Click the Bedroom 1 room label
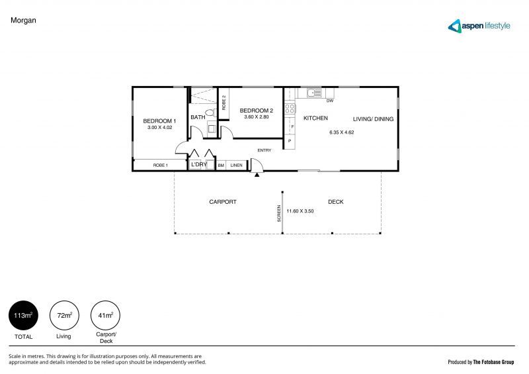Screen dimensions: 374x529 tap(159, 120)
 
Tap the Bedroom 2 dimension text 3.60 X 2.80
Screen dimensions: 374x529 tap(256, 117)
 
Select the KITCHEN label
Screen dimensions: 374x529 tap(315, 118)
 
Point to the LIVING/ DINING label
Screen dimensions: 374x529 tap(373, 118)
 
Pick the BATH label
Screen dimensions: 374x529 tap(198, 118)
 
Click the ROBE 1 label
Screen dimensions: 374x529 tap(160, 165)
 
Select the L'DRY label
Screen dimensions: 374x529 tap(199, 165)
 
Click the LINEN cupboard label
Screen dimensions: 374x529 tap(236, 165)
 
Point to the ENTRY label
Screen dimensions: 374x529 tap(264, 150)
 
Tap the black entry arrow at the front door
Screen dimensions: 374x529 tap(257, 175)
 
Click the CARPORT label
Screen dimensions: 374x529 tap(223, 202)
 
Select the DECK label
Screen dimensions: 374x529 tap(335, 202)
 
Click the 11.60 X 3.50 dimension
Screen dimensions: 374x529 tap(300, 211)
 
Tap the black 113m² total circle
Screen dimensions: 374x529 tap(22, 316)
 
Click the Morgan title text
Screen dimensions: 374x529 tap(23, 21)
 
